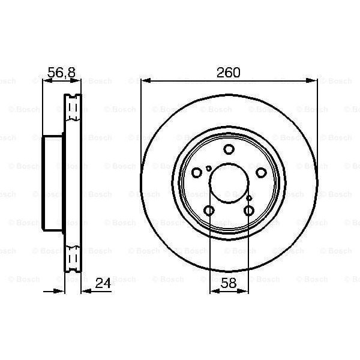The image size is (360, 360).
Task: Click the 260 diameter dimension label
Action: point(228,73)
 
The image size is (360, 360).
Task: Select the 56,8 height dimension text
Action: point(61,73)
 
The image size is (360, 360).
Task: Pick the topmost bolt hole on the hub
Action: point(229,150)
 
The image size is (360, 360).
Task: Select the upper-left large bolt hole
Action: point(196,172)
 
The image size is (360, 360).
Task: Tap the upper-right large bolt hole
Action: point(261,172)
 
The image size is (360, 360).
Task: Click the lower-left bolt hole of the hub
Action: point(209,210)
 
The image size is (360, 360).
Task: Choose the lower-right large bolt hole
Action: point(249,210)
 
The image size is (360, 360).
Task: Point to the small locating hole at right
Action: point(249,197)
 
